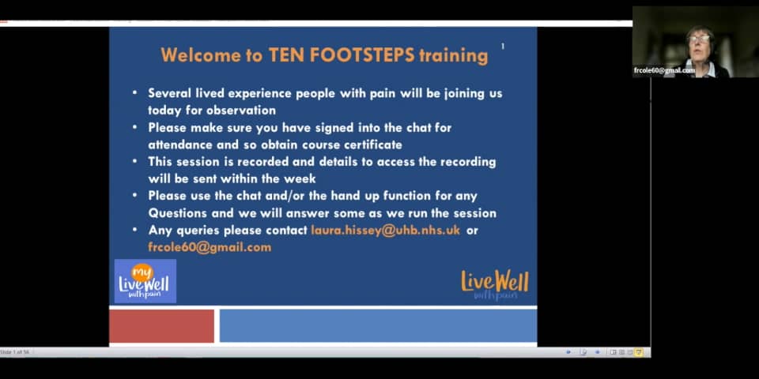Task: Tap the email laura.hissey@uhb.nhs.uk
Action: tap(385, 231)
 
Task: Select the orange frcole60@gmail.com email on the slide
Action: tap(210, 247)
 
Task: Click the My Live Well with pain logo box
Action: tap(145, 281)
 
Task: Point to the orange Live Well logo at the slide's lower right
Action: tap(494, 285)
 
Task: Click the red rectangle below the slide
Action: tap(161, 326)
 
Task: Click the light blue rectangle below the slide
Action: tap(378, 326)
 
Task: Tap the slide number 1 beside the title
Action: tap(503, 47)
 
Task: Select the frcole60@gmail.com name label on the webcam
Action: tap(664, 70)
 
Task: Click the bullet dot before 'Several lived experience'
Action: tap(135, 93)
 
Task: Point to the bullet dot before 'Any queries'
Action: tap(135, 231)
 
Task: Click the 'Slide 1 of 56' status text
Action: tap(15, 352)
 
